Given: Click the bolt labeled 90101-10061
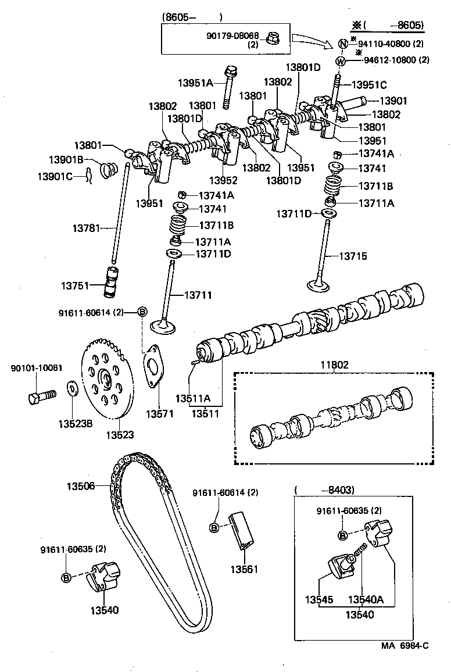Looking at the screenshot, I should point(40,398).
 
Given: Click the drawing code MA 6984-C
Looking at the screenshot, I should point(405,661).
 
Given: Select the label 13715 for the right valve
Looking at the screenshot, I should point(353,255).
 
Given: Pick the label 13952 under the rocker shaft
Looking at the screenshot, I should point(223,180).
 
